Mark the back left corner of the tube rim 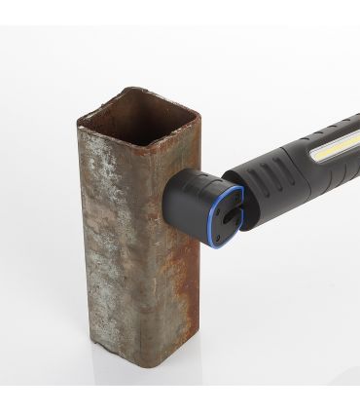coord(123,90)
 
